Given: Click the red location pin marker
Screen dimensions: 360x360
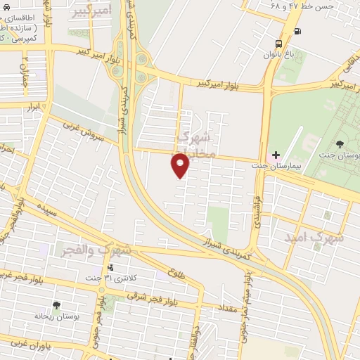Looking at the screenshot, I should (x=180, y=167).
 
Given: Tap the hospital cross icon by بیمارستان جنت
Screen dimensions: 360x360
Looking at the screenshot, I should (x=276, y=154).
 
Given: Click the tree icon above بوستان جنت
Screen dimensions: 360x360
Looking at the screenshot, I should (x=340, y=144).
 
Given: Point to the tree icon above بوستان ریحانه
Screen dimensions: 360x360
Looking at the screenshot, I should (x=56, y=306).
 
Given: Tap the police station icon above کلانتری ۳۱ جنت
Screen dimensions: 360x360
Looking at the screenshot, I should (x=110, y=267).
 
